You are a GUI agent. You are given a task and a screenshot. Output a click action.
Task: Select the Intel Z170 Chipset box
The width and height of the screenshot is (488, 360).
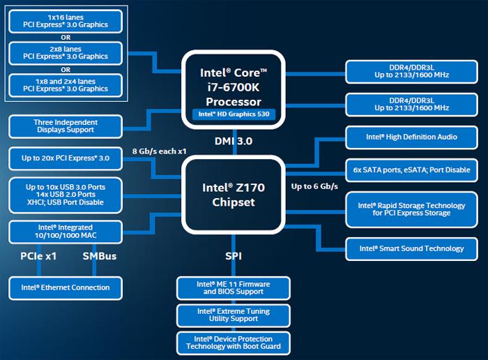(x=233, y=194)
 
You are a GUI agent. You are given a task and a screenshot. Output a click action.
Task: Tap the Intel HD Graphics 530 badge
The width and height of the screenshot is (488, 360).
(x=233, y=114)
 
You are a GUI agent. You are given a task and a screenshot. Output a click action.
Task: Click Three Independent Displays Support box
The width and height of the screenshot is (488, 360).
(x=66, y=126)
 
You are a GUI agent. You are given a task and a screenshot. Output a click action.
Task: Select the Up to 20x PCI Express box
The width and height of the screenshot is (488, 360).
(x=66, y=158)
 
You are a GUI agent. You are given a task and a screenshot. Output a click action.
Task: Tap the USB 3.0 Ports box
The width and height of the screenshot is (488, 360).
(x=66, y=195)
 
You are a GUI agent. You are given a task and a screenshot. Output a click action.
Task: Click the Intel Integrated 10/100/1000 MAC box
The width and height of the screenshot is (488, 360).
(x=66, y=231)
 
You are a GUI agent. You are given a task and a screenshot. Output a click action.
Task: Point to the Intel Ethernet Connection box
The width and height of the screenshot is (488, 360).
(x=66, y=287)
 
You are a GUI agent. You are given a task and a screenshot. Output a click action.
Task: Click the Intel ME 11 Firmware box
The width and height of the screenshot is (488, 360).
(x=233, y=287)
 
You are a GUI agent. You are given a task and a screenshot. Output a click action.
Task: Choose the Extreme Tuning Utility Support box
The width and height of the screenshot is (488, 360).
(x=233, y=315)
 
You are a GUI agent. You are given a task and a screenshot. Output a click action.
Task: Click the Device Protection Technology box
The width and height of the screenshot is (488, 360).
(x=233, y=342)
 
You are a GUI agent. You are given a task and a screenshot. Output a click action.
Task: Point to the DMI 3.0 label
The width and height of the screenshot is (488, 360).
(x=233, y=142)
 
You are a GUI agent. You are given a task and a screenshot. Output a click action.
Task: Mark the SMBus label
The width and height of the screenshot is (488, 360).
(x=100, y=257)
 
